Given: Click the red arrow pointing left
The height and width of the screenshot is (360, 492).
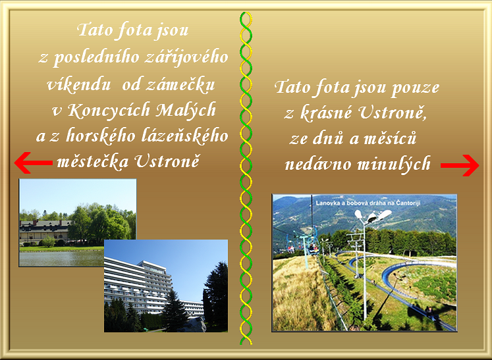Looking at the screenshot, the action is [33, 163].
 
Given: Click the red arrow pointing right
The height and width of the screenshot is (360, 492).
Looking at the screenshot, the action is [460, 165].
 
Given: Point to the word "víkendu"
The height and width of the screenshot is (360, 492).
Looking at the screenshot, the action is [78, 84].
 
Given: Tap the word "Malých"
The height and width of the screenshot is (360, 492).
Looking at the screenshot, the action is [186, 111].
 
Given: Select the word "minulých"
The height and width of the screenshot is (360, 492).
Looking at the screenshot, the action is [394, 164].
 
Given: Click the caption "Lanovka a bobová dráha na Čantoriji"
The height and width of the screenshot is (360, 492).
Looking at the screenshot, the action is [368, 203].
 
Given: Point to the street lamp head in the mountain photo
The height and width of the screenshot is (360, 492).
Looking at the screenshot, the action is [373, 216].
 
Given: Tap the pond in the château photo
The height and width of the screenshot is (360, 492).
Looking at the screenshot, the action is [61, 258].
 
